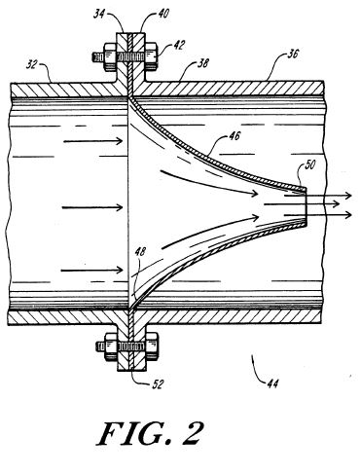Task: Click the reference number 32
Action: click(32, 65)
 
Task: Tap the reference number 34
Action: click(100, 15)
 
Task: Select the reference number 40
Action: click(163, 14)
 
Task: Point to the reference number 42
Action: click(178, 45)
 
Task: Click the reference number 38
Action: click(202, 62)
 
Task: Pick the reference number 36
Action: click(292, 54)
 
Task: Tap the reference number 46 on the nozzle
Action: click(234, 135)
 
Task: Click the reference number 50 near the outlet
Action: click(309, 164)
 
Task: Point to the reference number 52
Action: click(158, 384)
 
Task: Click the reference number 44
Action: click(272, 383)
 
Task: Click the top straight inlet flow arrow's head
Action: click(120, 141)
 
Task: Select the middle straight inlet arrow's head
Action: click(120, 207)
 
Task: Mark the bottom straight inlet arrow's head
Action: click(120, 270)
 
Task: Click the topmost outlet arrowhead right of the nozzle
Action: click(348, 196)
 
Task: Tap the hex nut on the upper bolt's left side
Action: click(110, 57)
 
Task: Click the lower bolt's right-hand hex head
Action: click(152, 346)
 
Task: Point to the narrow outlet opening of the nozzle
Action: click(306, 207)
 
